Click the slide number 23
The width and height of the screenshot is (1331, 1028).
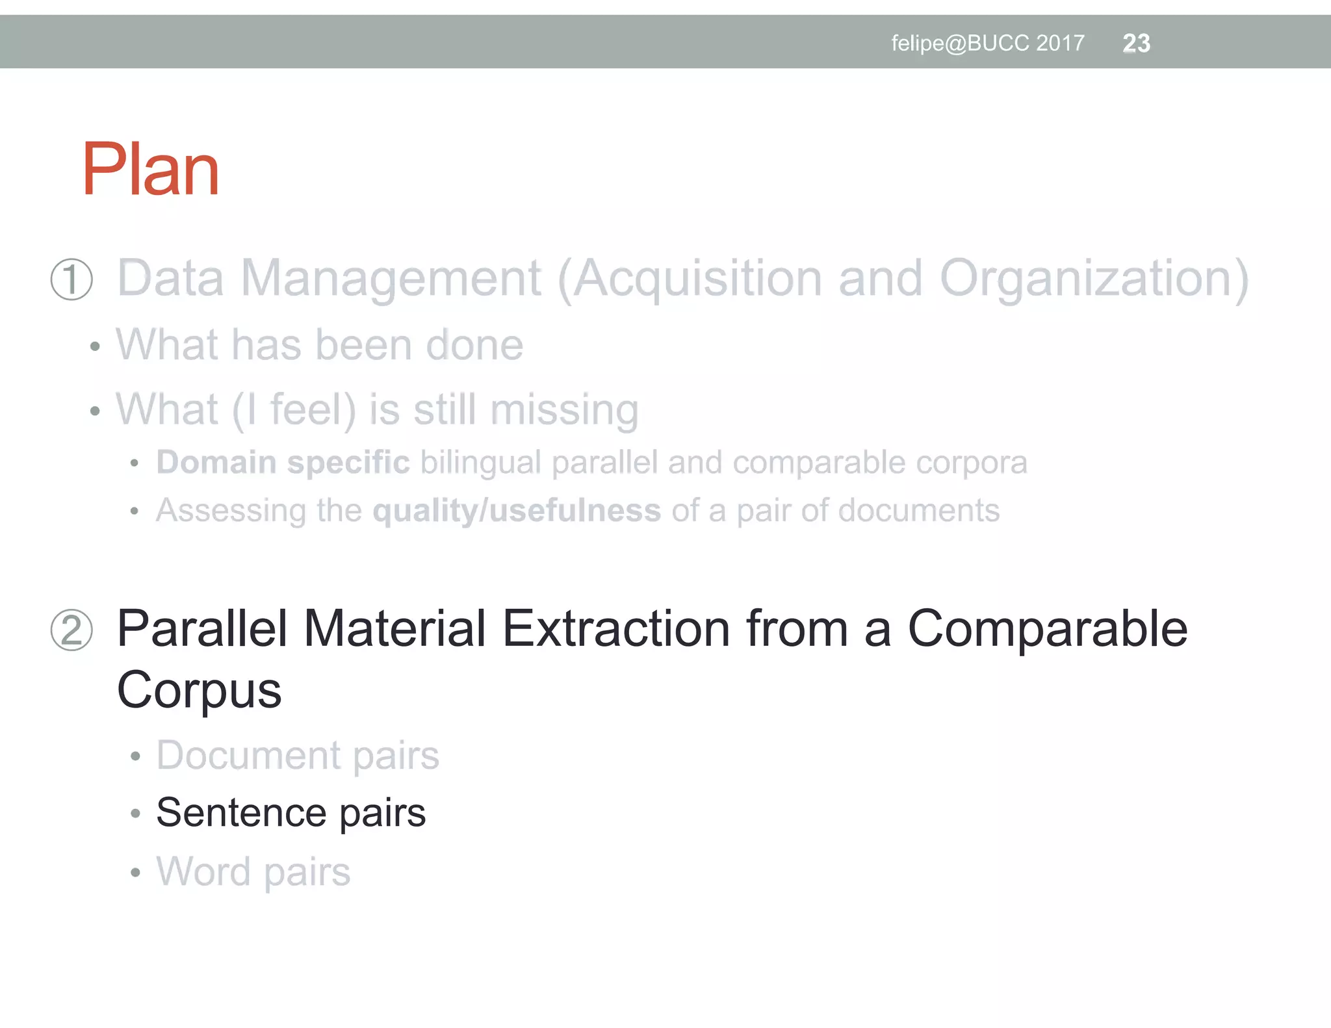(x=1136, y=44)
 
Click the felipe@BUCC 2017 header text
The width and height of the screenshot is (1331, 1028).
(x=987, y=44)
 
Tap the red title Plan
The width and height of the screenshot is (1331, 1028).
(x=151, y=170)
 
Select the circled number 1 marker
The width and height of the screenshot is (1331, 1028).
(x=71, y=279)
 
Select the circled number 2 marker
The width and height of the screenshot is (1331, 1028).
(x=71, y=630)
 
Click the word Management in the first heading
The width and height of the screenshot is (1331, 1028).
(x=391, y=279)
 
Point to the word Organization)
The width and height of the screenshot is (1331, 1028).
(x=1094, y=279)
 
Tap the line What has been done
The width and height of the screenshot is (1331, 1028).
(x=319, y=344)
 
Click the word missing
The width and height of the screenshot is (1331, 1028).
(x=564, y=410)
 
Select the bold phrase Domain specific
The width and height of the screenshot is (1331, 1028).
(x=283, y=463)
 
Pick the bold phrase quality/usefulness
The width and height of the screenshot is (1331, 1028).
(x=517, y=511)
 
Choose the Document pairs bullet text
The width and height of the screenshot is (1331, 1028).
(x=298, y=755)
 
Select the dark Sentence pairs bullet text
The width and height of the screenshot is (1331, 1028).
(x=291, y=812)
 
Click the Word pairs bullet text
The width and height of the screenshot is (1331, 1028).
(x=253, y=871)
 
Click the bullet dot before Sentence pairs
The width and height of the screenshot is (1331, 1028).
(x=135, y=814)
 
